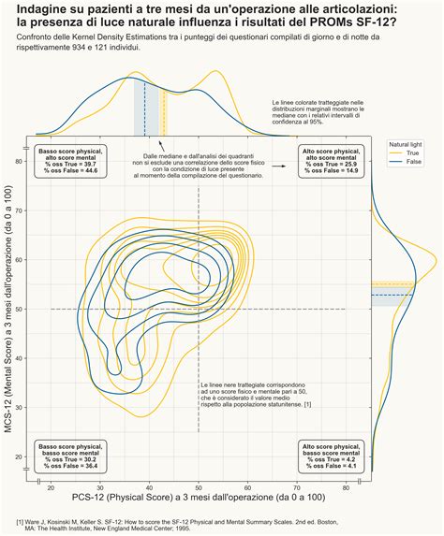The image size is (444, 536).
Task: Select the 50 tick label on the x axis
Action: click(x=199, y=487)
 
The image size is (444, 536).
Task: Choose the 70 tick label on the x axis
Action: click(x=297, y=487)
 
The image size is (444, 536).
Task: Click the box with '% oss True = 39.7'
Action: click(x=71, y=161)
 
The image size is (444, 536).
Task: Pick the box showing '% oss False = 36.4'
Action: click(x=71, y=456)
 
